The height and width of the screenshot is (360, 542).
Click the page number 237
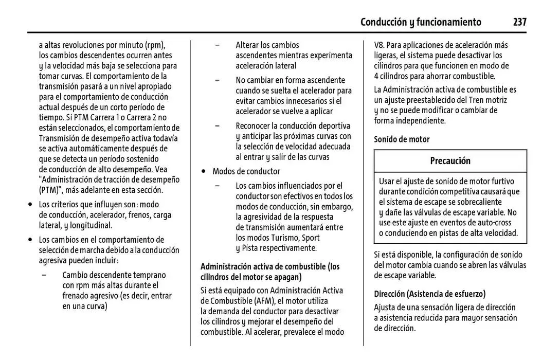[519, 22]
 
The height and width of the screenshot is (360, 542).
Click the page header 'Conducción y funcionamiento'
[421, 22]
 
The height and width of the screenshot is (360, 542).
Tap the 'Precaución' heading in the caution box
[450, 160]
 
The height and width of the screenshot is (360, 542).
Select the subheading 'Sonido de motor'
[402, 139]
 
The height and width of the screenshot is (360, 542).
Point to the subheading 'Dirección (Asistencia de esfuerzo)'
[429, 294]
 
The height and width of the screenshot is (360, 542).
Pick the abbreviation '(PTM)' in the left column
[50, 190]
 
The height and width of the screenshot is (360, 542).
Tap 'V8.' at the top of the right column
[381, 45]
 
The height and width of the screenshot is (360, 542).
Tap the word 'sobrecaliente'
[477, 202]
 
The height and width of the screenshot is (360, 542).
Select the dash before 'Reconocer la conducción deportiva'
[218, 125]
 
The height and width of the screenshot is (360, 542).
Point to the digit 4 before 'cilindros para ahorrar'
[376, 76]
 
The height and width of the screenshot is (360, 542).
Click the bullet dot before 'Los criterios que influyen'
[30, 204]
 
